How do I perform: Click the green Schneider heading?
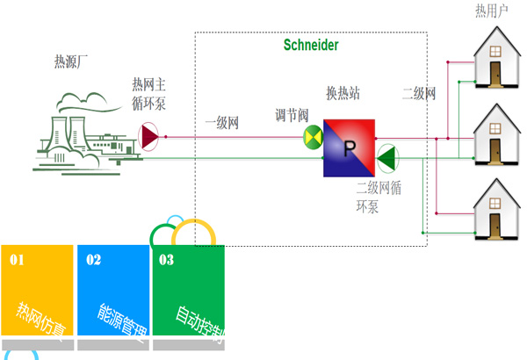311,45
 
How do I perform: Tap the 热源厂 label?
72,62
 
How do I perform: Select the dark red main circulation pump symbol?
150,136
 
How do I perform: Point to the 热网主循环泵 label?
148,93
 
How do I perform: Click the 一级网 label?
221,123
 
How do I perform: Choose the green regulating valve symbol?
313,137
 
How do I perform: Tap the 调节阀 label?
292,115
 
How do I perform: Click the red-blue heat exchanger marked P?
349,148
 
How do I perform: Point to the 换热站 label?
343,93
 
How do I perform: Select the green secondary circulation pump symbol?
386,158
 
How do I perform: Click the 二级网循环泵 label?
379,198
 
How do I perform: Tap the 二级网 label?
418,93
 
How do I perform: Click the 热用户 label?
493,11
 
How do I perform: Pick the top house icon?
495,57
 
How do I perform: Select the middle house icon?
495,135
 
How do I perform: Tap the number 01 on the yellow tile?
18,260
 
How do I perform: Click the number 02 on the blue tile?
93,260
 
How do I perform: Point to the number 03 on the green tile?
166,260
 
